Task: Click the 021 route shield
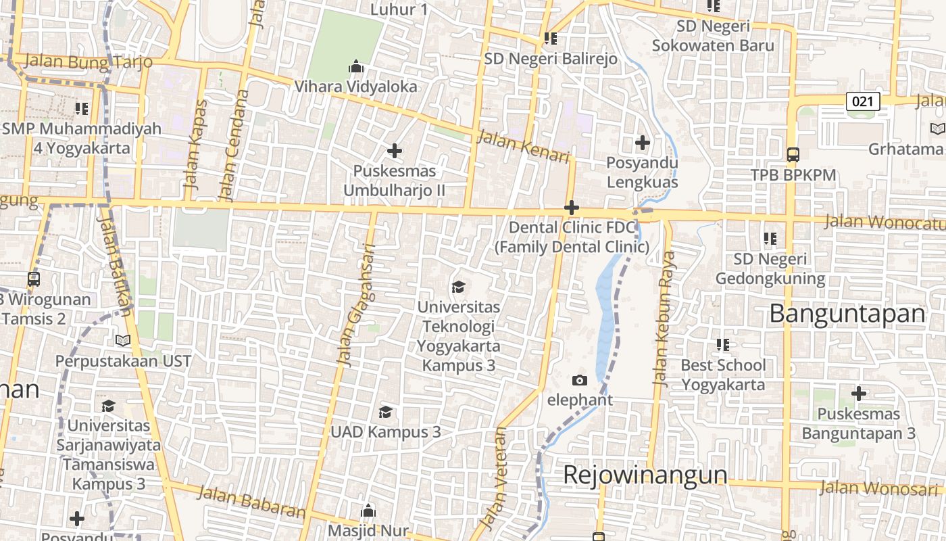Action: click(863, 102)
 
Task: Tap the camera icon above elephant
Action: click(579, 380)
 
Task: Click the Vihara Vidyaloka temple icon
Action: click(355, 67)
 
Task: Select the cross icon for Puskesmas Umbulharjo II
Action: click(395, 151)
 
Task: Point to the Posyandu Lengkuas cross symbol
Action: click(642, 143)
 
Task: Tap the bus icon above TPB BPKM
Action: click(793, 154)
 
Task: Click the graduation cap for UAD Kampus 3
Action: click(385, 412)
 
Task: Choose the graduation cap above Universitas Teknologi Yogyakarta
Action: click(458, 287)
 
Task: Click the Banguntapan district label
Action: click(847, 314)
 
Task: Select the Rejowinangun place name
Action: click(645, 475)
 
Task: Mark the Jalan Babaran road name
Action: click(251, 502)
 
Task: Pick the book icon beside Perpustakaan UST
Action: click(122, 341)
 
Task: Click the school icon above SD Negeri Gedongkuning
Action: click(770, 239)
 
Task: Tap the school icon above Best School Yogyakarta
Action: click(723, 345)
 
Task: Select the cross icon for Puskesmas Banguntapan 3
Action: click(858, 393)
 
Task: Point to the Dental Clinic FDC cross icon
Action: click(571, 207)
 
